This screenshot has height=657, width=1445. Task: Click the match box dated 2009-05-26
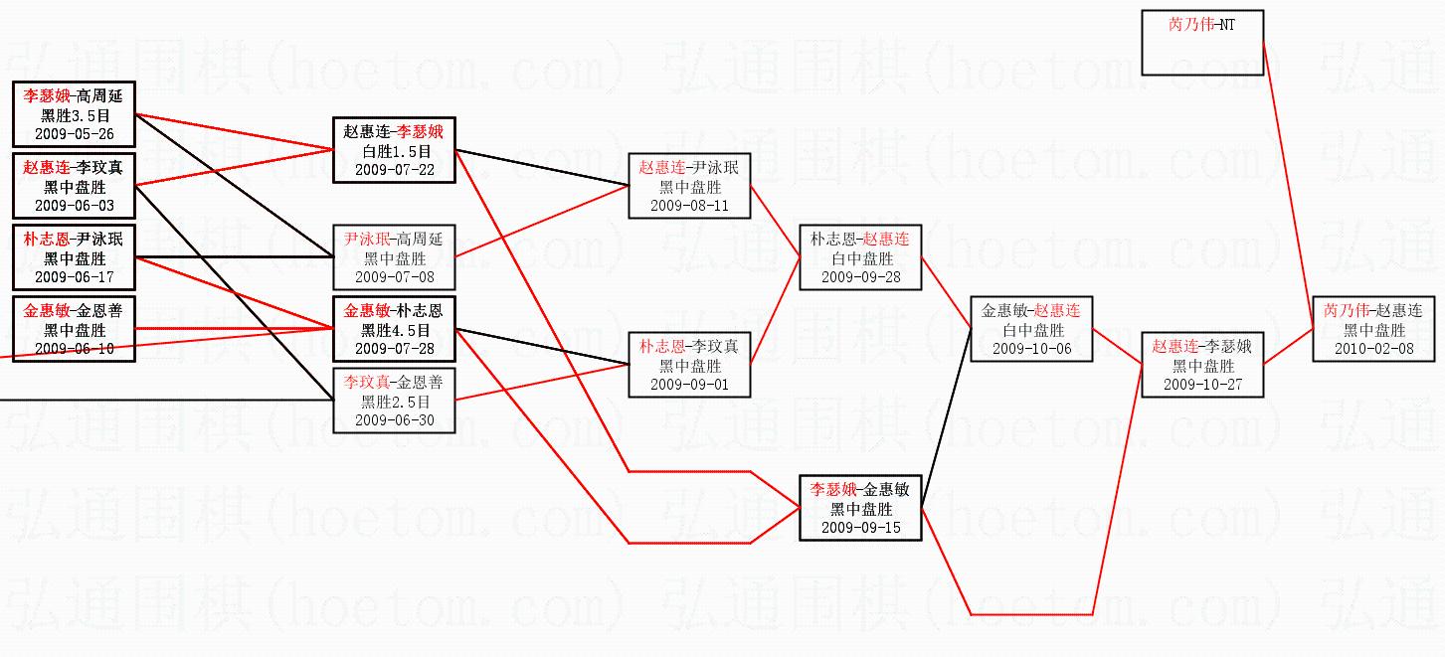74,114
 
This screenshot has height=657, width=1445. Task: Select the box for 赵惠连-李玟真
74,186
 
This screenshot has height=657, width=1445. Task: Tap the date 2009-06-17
74,276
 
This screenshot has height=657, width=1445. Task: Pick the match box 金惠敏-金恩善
74,329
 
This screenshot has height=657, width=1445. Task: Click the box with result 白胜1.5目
394,151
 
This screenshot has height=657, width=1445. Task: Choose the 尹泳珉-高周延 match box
394,256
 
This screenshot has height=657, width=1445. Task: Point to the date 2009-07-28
394,348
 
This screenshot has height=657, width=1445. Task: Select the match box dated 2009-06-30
394,401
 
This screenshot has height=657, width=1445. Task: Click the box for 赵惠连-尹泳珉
689,186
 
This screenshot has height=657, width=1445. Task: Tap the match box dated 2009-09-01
689,365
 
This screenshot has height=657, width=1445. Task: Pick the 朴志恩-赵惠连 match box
860,256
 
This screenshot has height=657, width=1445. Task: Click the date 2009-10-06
1031,348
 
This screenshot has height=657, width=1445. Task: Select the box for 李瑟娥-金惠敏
860,508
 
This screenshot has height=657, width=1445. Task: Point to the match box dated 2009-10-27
1202,365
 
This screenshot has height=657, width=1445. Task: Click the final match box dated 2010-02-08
1373,329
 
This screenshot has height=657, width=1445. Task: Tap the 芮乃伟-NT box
1202,43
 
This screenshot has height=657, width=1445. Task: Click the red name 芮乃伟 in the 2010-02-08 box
1345,311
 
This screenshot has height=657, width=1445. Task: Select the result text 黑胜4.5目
394,330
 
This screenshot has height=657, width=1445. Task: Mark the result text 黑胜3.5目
74,115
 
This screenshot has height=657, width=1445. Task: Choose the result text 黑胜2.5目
394,402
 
